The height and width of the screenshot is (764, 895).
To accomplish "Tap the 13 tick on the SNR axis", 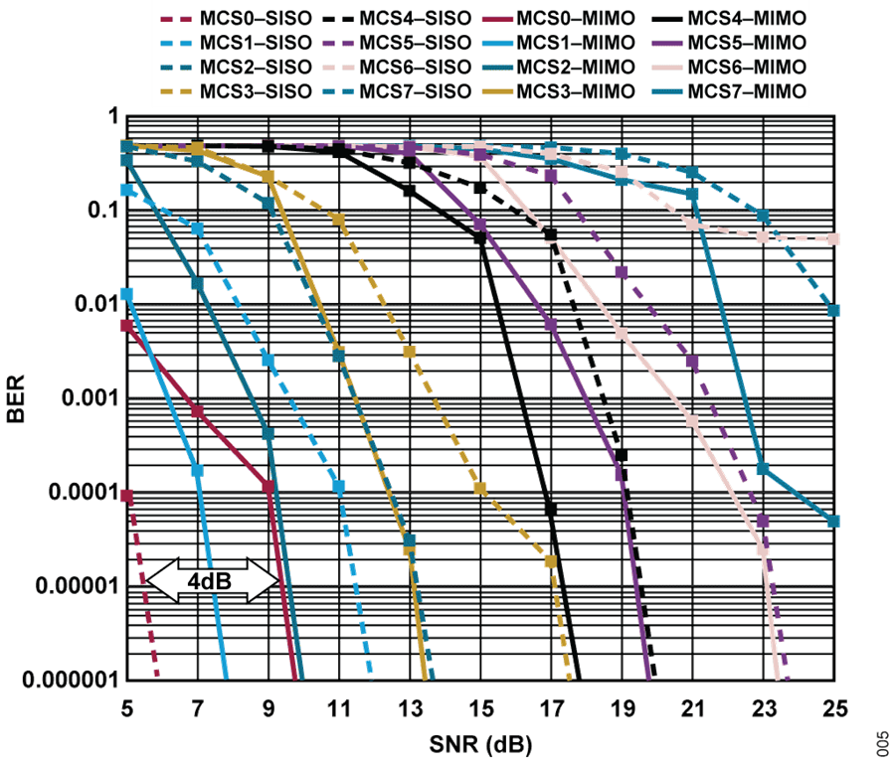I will [410, 707].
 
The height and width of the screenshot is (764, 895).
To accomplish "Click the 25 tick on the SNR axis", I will [833, 707].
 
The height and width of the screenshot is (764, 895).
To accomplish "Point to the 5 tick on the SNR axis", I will [127, 707].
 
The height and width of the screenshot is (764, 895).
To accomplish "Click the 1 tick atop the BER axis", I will [111, 117].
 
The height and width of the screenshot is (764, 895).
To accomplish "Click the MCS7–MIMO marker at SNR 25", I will [833, 521].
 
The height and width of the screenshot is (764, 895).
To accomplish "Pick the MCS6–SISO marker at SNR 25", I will [833, 238].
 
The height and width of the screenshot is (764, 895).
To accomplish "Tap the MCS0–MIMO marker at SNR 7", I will [197, 411].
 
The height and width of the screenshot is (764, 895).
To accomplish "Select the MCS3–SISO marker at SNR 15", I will [480, 488].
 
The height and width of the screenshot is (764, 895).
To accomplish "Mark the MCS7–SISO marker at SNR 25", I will [833, 311].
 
